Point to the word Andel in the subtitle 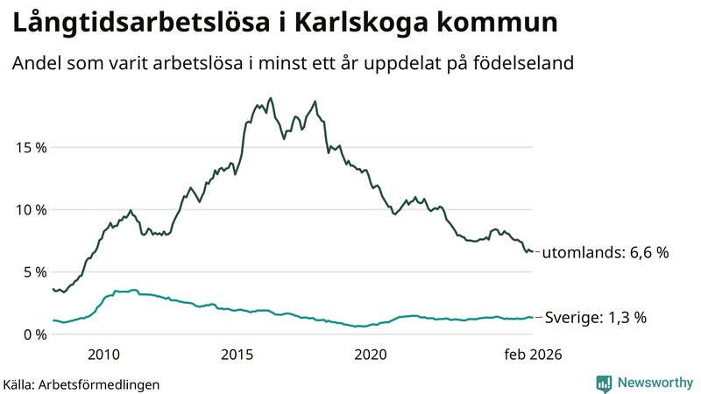tap(36, 64)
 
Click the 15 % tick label tap(31, 147)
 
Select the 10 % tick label tap(31, 210)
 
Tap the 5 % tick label tap(34, 272)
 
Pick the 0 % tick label tap(34, 334)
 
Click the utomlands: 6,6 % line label tap(605, 253)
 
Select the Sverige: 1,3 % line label tap(596, 318)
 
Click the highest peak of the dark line tap(270, 98)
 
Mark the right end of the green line tap(532, 318)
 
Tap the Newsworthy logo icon tap(604, 383)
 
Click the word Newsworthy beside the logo tap(654, 383)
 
